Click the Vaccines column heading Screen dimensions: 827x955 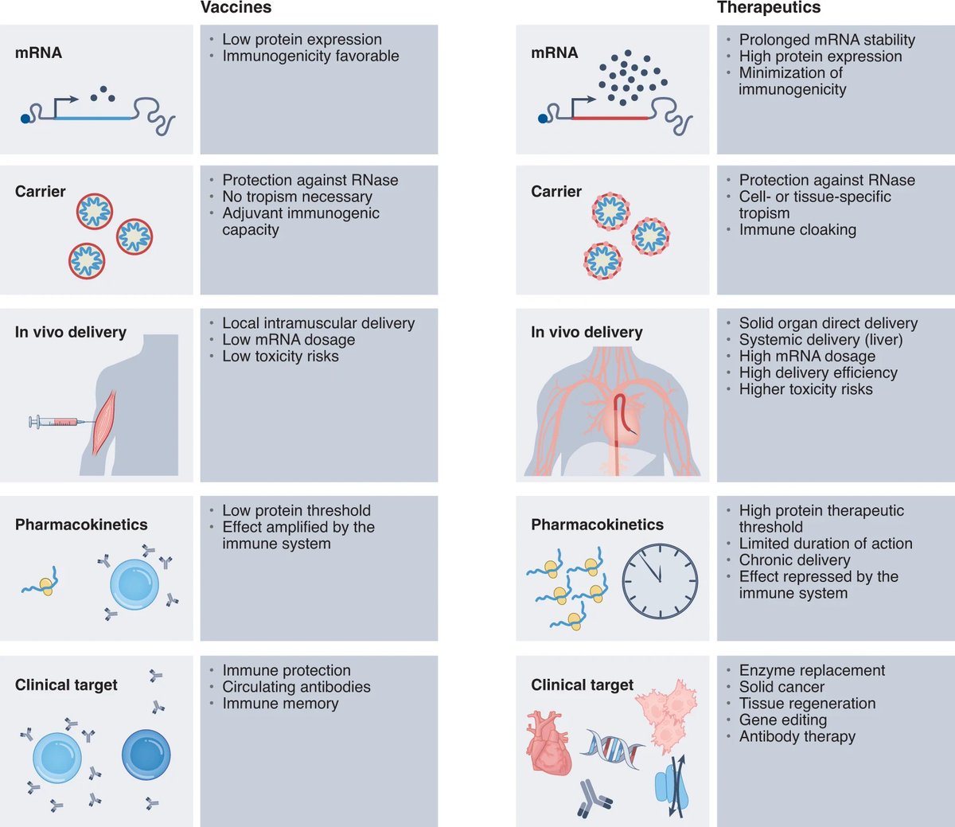click(236, 8)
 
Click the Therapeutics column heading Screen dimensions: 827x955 click(768, 8)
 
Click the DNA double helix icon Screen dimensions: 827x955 click(612, 749)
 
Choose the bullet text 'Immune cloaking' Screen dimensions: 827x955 click(797, 230)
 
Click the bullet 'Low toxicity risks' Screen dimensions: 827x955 click(280, 357)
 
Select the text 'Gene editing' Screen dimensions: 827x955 click(782, 720)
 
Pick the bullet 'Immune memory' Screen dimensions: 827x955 click(280, 704)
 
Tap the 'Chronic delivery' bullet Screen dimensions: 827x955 click(794, 560)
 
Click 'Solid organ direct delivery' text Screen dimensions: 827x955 click(828, 323)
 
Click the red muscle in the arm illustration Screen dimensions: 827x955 click(104, 422)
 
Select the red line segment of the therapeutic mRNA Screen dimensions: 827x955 click(610, 118)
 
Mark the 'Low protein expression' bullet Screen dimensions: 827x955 click(302, 40)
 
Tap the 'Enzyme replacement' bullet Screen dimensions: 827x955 click(812, 671)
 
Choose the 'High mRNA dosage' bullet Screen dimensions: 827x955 click(807, 357)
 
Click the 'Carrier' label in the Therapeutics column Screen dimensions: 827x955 click(556, 192)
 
